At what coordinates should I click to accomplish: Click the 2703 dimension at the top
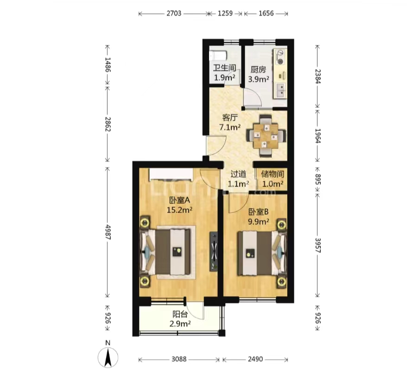pyautogui.click(x=174, y=13)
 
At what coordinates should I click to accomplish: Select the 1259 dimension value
pyautogui.click(x=225, y=13)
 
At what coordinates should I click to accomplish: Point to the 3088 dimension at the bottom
pyautogui.click(x=179, y=359)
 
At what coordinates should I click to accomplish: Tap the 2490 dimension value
pyautogui.click(x=255, y=359)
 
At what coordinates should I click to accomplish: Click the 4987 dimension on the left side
pyautogui.click(x=108, y=232)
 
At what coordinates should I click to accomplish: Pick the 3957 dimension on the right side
pyautogui.click(x=317, y=245)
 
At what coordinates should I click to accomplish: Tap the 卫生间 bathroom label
pyautogui.click(x=224, y=68)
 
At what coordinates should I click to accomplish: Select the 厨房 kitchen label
pyautogui.click(x=258, y=70)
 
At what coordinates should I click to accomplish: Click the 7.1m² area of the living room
pyautogui.click(x=230, y=127)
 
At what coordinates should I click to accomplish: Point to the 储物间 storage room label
pyautogui.click(x=273, y=174)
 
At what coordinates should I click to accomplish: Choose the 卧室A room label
pyautogui.click(x=179, y=200)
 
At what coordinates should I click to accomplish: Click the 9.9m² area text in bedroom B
pyautogui.click(x=259, y=221)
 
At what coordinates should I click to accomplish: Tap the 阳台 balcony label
pyautogui.click(x=180, y=314)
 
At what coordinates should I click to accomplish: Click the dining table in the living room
pyautogui.click(x=266, y=136)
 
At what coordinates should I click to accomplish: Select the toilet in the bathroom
pyautogui.click(x=218, y=56)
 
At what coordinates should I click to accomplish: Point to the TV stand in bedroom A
pyautogui.click(x=214, y=251)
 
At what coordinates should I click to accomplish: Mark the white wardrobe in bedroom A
pyautogui.click(x=171, y=174)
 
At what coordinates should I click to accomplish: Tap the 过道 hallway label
pyautogui.click(x=238, y=174)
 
